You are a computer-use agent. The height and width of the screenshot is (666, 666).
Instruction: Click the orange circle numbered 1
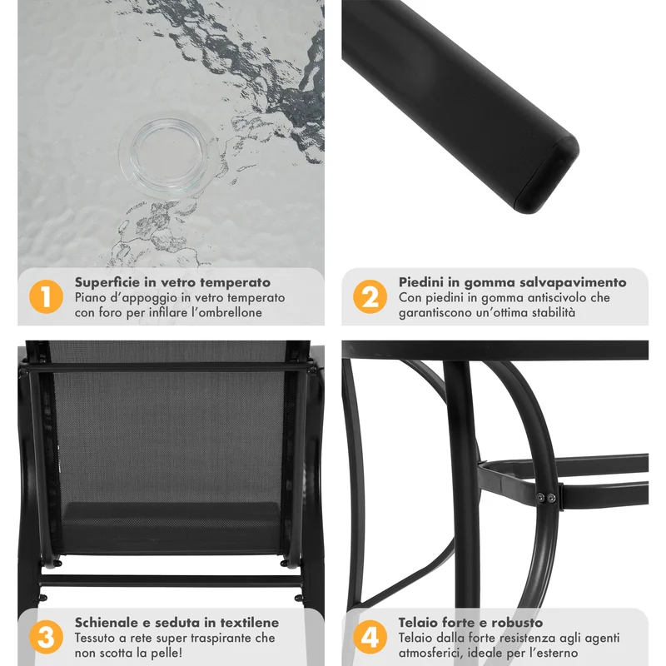[46, 296]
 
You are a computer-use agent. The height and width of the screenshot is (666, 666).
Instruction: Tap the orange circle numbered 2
[370, 296]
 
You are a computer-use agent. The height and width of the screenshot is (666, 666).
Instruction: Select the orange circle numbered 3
[46, 637]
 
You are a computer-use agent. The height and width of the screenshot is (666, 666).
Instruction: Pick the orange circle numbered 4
[370, 637]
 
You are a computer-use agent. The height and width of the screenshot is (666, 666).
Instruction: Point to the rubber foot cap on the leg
[547, 174]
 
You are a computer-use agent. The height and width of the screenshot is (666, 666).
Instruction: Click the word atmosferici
[425, 653]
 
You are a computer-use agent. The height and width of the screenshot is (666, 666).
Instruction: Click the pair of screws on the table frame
[545, 498]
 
